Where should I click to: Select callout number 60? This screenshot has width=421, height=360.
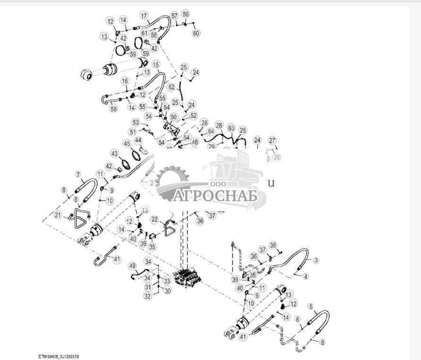coord(196,33)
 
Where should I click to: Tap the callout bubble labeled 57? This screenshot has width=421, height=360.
coord(174,16)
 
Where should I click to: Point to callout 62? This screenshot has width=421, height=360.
coord(172,87)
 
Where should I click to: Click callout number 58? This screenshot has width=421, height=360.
coord(113,109)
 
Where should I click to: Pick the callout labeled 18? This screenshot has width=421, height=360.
coord(125,81)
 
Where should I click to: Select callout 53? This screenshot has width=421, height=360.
coord(136,123)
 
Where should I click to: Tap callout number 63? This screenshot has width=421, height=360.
coord(231,128)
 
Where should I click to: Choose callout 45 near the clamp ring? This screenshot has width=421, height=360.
coord(127,143)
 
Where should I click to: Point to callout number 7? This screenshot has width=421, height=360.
coord(78,175)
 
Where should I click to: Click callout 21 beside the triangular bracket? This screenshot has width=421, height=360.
coord(58,215)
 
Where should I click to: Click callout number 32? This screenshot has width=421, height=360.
coord(148,296)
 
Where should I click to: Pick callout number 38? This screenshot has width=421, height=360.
coord(273,245)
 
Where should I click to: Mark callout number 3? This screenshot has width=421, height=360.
coord(316,260)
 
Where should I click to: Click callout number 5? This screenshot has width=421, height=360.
coord(310,306)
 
